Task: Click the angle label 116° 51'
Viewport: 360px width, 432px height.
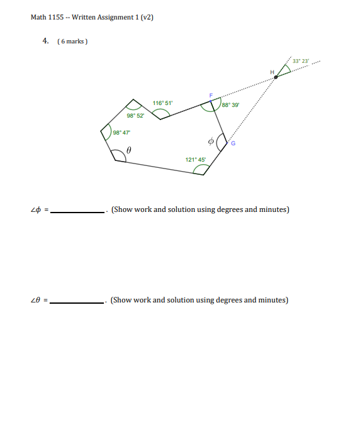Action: pos(162,102)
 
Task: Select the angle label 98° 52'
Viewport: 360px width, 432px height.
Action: pos(135,116)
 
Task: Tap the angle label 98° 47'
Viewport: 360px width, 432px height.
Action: pos(121,132)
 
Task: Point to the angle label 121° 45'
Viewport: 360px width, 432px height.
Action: pos(195,160)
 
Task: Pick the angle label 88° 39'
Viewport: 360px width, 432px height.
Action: pos(230,106)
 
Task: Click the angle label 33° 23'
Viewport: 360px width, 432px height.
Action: pos(300,60)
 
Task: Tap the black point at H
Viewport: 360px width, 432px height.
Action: pos(275,77)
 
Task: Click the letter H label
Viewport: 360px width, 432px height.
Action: pos(272,72)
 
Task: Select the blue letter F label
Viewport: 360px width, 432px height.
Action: pos(211,94)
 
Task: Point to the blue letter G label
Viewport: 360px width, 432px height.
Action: pos(232,143)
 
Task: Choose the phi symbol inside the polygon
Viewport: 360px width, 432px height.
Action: pos(211,141)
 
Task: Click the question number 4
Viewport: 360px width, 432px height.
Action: pos(45,41)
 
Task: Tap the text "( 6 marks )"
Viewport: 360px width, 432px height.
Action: pos(72,42)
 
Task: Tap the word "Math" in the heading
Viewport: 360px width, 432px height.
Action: pos(38,17)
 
